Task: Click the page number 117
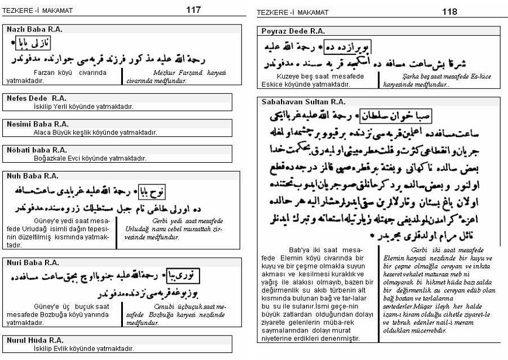pyautogui.click(x=193, y=10)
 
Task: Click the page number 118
pyautogui.click(x=449, y=11)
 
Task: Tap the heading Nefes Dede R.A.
pyautogui.click(x=36, y=98)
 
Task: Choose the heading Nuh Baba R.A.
pyautogui.click(x=32, y=176)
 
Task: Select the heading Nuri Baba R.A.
pyautogui.click(x=33, y=263)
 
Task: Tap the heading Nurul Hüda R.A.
pyautogui.click(x=35, y=340)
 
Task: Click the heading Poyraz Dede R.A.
pyautogui.click(x=293, y=30)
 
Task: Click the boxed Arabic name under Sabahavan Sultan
pyautogui.click(x=383, y=116)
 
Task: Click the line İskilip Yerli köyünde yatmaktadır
pyautogui.click(x=83, y=107)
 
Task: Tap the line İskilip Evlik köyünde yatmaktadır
pyautogui.click(x=84, y=348)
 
